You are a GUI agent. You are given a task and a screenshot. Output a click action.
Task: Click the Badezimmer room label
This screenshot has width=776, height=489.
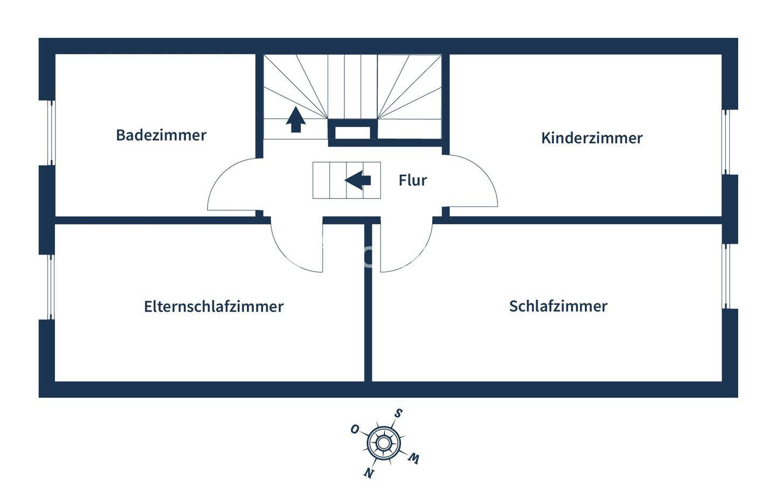tap(161, 135)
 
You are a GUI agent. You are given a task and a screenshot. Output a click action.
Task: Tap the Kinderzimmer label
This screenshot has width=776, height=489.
tap(592, 138)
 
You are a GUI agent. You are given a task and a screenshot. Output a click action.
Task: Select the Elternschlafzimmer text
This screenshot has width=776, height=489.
tap(213, 306)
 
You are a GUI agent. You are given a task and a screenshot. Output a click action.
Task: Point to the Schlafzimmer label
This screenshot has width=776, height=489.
tap(558, 306)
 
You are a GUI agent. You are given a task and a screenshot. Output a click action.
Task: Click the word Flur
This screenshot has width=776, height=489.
tap(413, 180)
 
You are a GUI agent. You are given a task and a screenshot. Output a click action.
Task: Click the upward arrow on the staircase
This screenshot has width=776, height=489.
tap(295, 120)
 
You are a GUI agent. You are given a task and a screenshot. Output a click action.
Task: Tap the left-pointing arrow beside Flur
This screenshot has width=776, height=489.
tap(358, 180)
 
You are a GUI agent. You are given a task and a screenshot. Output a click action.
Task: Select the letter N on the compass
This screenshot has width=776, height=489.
tap(369, 473)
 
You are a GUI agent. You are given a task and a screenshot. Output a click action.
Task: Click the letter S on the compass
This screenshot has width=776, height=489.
tap(398, 414)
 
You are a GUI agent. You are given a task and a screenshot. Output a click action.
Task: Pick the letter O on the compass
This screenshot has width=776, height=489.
tap(355, 429)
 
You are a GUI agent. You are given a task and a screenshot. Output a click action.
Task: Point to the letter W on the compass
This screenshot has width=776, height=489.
tap(413, 459)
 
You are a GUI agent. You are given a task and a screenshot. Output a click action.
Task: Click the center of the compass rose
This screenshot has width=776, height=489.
tap(383, 443)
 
